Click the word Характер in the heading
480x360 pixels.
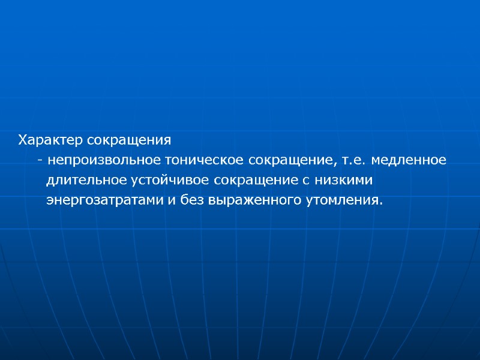pos(51,141)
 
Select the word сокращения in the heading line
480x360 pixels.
pos(129,141)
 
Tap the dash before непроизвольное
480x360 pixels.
pos(40,161)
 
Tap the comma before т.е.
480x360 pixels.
pos(334,163)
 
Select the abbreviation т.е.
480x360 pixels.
pos(352,161)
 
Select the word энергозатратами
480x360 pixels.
pos(105,200)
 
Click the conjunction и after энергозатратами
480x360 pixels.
pos(171,200)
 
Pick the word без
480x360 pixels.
pos(191,199)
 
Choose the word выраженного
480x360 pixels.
pos(252,200)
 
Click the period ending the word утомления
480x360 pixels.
pos(380,203)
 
